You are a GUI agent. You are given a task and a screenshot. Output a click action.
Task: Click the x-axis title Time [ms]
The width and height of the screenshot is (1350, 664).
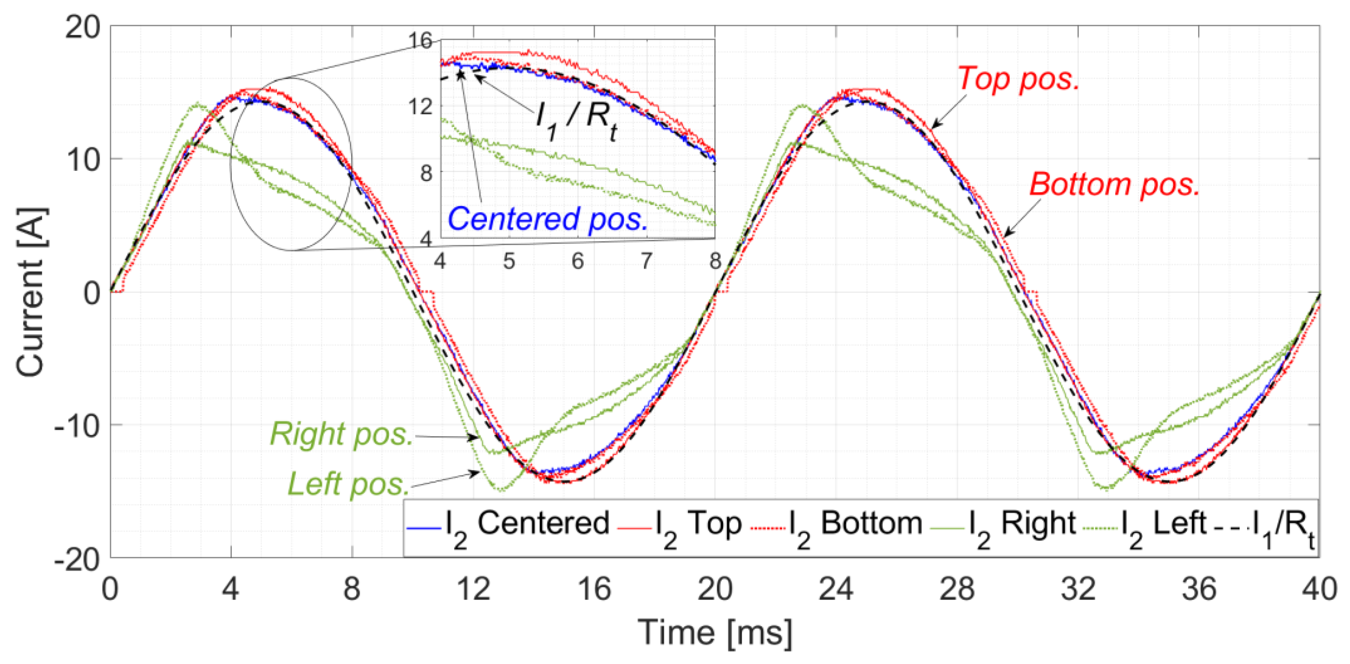[x=715, y=633]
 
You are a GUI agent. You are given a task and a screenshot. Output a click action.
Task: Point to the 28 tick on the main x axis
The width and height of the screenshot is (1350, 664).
[x=957, y=589]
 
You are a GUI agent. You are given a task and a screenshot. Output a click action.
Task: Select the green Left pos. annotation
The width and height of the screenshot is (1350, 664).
[x=348, y=484]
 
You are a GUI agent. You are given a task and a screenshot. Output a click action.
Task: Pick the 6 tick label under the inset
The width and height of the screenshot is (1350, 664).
[x=577, y=261]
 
